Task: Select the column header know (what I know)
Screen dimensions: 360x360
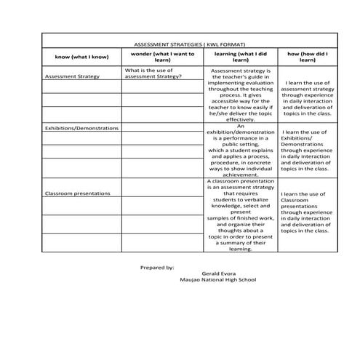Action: tap(81, 57)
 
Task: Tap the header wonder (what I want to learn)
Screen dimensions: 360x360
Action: tap(162, 57)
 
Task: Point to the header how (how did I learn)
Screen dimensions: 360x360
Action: tap(308, 57)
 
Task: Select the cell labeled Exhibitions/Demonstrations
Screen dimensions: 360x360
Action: tap(81, 128)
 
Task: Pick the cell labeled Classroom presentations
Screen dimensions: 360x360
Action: tap(77, 193)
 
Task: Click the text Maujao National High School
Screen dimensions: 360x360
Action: tap(217, 280)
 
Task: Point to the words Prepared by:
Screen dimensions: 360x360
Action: tap(157, 267)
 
